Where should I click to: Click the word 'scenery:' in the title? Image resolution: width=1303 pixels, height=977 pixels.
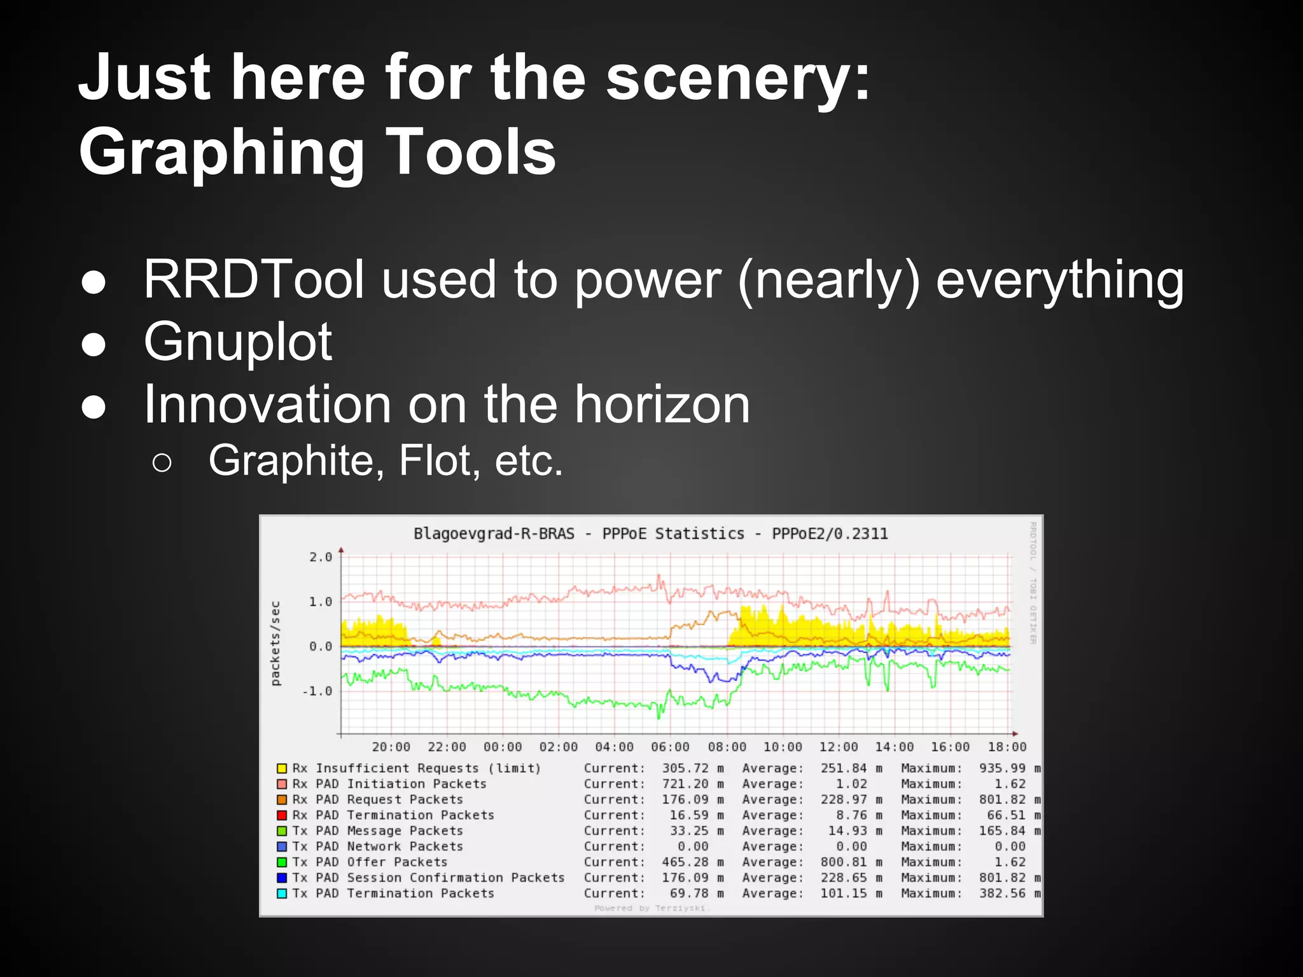coord(737,79)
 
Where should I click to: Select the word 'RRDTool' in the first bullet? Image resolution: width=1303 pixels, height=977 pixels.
coord(254,280)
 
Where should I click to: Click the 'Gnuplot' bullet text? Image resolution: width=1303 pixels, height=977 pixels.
coord(238,342)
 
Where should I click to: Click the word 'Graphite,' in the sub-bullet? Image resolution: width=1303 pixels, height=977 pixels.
coord(296,460)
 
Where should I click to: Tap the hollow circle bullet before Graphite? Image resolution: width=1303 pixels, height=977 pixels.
coord(162,463)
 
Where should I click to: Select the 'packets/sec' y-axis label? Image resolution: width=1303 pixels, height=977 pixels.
coord(275,644)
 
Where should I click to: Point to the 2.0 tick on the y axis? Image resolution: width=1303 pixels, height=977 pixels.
coord(321,557)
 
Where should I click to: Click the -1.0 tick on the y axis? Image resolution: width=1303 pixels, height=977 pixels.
coord(317,691)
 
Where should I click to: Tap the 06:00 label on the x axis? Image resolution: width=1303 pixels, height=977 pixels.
coord(670,747)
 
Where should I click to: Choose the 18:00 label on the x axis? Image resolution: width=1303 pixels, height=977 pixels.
coord(1007,747)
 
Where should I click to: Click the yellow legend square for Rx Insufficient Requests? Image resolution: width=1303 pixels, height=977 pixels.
coord(282,768)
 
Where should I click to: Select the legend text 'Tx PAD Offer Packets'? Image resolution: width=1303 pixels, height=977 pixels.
coord(370,862)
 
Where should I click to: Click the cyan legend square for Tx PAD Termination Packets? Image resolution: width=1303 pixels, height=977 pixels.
coord(282,893)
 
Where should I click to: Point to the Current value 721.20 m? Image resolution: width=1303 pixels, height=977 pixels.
coord(692,784)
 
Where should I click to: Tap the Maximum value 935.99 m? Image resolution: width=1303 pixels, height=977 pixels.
coord(1010,768)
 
